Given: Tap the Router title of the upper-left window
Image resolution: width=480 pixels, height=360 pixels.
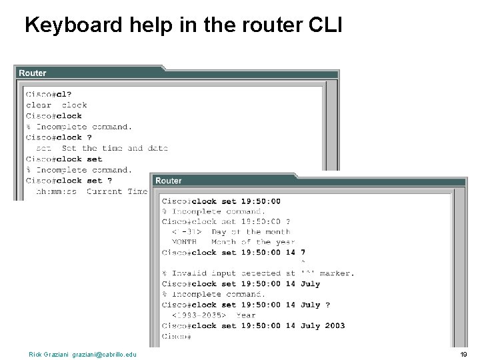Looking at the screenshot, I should tap(33, 73).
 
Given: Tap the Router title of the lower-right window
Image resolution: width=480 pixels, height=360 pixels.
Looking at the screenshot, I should tap(168, 181).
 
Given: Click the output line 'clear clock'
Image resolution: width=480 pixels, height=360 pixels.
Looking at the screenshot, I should tap(57, 105).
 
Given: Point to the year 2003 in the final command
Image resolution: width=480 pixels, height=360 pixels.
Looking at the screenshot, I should tap(335, 326).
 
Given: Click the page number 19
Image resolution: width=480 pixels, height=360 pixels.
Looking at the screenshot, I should tap(463, 354).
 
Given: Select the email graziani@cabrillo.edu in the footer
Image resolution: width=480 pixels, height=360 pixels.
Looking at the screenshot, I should tap(104, 354).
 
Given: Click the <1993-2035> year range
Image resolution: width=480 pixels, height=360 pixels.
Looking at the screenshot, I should tap(199, 315).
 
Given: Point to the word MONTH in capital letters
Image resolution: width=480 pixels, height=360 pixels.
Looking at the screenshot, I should tap(184, 242).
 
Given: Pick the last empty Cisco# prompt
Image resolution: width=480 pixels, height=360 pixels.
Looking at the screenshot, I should tap(177, 337).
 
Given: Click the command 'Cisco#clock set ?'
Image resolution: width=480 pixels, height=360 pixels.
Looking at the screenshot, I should tap(69, 181).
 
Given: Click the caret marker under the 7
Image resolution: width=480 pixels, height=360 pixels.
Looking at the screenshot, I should tap(303, 263).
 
